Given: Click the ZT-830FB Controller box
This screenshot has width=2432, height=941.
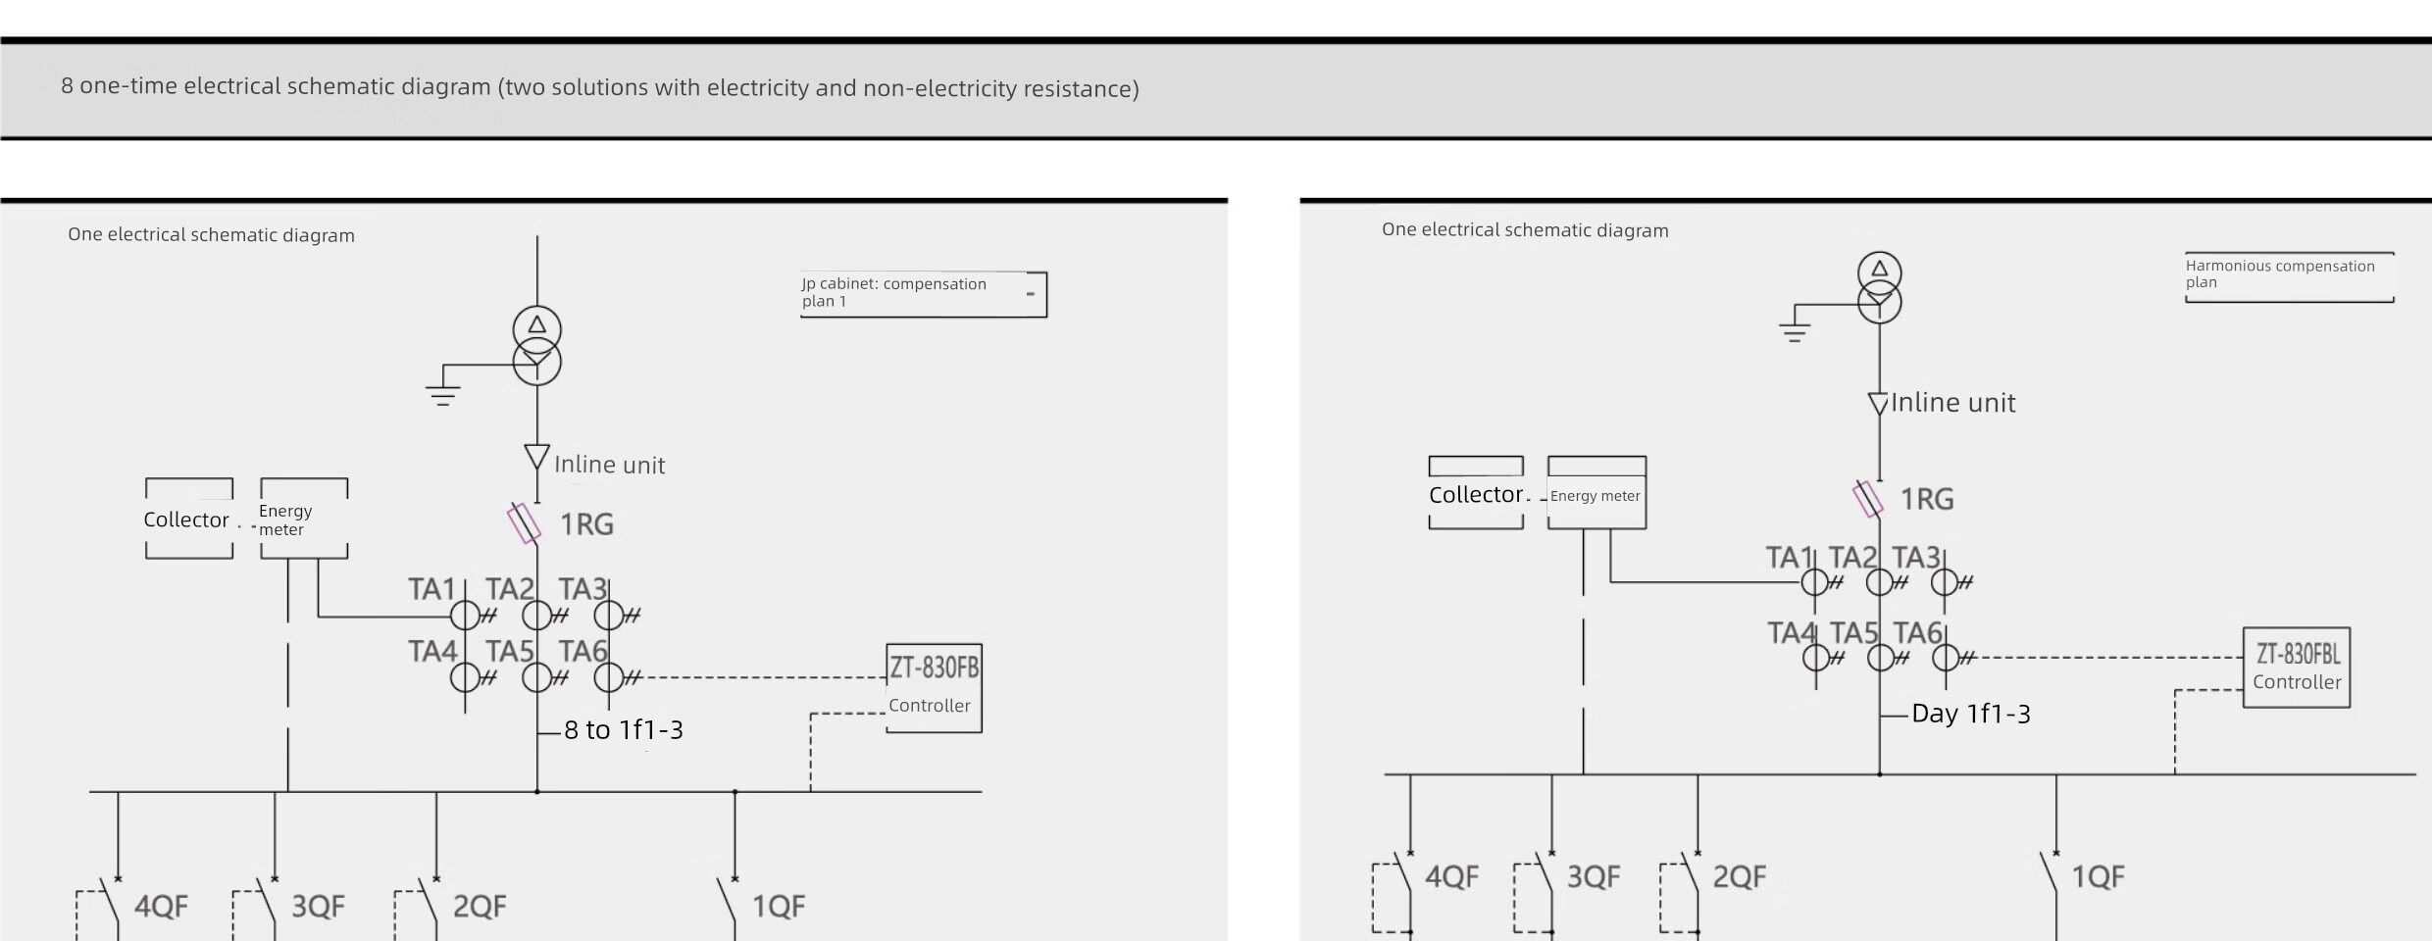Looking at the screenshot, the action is coord(934,687).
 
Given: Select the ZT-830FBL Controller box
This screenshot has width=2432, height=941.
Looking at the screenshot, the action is coord(2296,667).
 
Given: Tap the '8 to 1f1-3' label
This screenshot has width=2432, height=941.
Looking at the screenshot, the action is coord(623,730).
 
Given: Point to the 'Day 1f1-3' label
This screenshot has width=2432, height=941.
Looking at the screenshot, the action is coord(1970,714).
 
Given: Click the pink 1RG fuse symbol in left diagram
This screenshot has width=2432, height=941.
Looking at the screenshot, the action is coord(524,523).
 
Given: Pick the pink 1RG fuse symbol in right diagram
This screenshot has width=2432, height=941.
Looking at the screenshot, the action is coord(1867,498).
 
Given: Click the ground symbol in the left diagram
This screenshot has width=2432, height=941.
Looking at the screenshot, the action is coord(442,394).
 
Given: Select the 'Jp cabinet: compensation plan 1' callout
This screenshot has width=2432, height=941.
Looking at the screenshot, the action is coord(923,293).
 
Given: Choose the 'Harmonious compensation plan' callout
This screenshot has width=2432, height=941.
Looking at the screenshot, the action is coord(2289,275).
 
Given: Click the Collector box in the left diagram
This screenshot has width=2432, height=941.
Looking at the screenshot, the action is coord(188,519).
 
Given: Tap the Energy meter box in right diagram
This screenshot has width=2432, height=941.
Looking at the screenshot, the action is coord(1596,494).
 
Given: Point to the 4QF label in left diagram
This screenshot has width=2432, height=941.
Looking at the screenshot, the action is coord(161,907).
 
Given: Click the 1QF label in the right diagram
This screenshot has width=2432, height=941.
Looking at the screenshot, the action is coord(2098,877).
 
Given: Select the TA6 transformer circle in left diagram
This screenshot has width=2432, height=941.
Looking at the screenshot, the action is coord(609,676).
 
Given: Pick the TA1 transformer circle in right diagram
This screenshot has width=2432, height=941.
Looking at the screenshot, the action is coord(1814,582).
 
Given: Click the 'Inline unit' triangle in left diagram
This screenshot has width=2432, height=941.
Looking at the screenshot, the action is coord(536,457).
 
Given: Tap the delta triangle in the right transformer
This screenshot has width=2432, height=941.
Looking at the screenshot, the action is coord(1879,269).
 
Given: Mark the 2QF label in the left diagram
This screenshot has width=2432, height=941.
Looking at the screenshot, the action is coord(480,907).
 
